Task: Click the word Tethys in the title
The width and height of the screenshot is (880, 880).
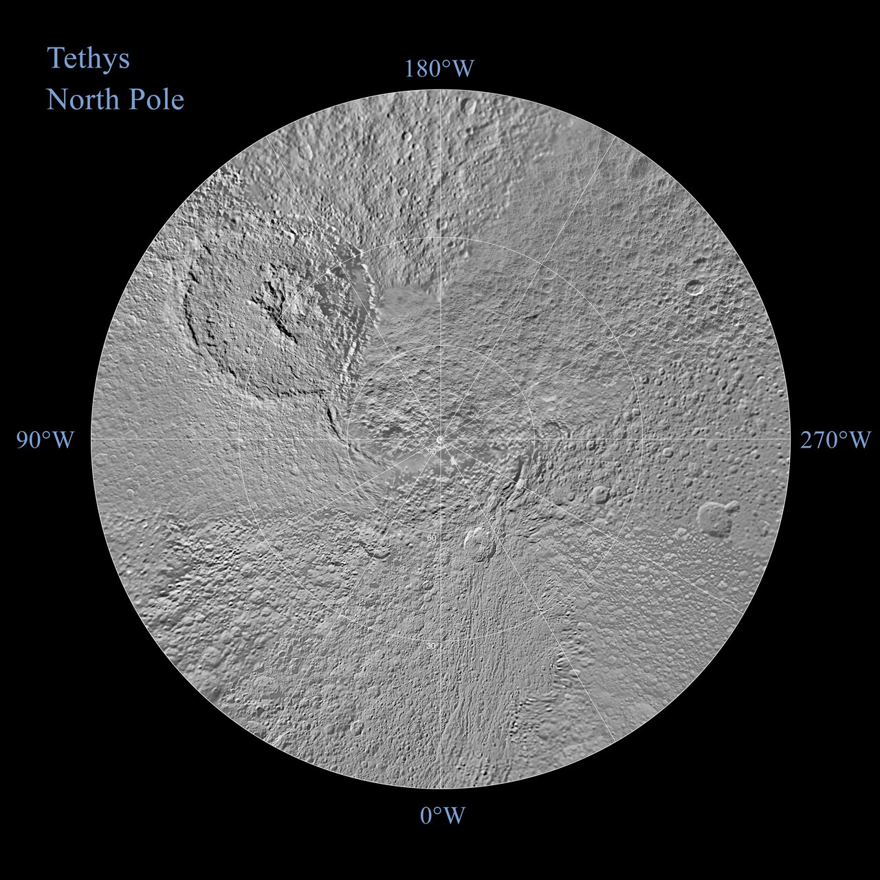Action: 88,58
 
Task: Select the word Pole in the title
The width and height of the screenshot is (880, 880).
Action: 157,100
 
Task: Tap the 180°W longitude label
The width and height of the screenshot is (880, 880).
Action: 439,69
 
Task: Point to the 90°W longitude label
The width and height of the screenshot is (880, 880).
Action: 45,441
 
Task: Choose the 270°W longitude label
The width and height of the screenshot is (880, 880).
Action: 835,440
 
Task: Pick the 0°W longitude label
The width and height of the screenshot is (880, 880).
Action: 443,816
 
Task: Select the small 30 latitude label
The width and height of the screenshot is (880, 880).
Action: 432,646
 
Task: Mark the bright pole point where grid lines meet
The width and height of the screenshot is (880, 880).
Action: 440,439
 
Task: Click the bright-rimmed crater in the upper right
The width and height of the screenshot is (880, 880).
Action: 696,287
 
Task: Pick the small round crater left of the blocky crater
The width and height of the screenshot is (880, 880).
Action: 599,494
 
